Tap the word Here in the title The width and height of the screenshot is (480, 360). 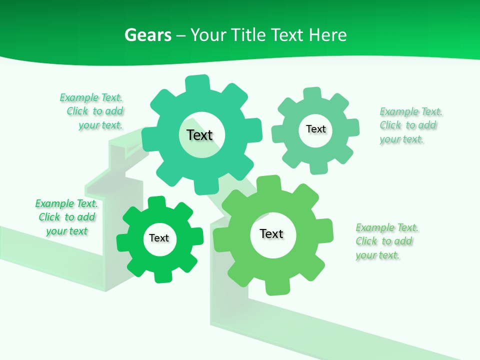point(327,35)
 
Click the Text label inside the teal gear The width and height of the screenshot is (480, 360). point(200,135)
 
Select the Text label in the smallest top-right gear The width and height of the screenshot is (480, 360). point(315,129)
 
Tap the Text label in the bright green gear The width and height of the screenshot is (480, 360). point(159,238)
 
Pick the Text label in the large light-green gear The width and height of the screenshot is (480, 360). point(271,233)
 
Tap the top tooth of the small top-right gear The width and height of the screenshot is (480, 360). point(312,94)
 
